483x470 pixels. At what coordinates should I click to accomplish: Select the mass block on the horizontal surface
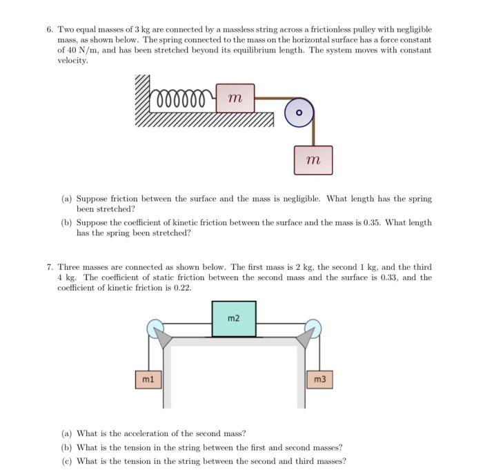(235, 99)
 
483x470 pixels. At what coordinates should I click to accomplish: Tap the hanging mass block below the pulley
(313, 160)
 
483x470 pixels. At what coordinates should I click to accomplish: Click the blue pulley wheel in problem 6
(299, 112)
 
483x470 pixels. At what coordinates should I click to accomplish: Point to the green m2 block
(234, 318)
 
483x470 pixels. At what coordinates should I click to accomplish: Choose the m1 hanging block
(148, 379)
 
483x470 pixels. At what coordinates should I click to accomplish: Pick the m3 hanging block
(318, 379)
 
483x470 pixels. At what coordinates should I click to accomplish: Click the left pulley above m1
(155, 327)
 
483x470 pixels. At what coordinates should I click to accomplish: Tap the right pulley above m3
(313, 327)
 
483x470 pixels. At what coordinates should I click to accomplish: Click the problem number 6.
(50, 30)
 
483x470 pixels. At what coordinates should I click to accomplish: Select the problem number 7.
(50, 267)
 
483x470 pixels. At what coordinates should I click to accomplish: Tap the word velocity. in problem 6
(72, 61)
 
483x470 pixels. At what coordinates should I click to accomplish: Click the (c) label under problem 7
(66, 461)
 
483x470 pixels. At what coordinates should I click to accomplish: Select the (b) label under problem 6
(66, 223)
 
